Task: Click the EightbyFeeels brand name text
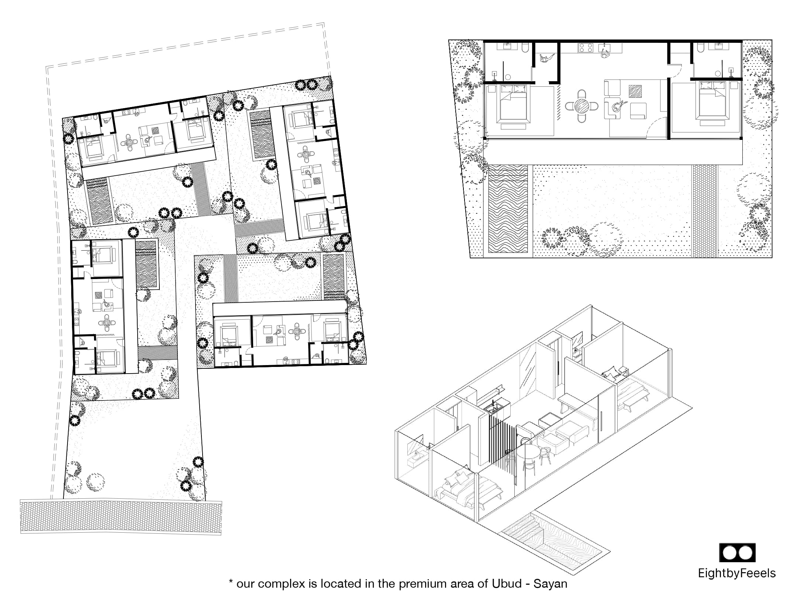(736, 573)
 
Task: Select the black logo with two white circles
(737, 553)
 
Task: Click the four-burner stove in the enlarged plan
(586, 48)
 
